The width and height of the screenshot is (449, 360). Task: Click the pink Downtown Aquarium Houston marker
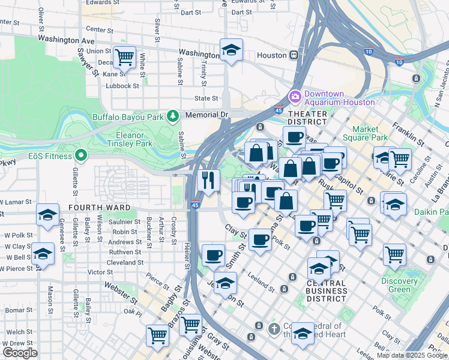295,97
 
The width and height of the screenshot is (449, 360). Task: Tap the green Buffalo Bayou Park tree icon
173,115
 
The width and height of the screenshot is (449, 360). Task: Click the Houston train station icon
294,55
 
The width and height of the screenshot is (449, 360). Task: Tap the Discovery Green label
399,285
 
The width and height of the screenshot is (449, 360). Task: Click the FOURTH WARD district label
100,208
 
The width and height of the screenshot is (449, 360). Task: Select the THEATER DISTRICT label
308,118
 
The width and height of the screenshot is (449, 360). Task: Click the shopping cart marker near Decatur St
124,58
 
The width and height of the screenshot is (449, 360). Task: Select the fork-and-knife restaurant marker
208,180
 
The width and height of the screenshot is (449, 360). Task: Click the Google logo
20,353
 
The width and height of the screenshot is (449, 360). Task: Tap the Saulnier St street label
125,222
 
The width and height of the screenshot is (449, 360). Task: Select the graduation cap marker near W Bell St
43,254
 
